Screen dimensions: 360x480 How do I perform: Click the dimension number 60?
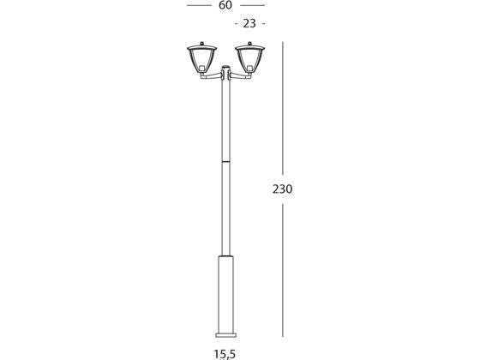click(x=225, y=5)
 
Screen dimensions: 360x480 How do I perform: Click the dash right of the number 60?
click(x=253, y=5)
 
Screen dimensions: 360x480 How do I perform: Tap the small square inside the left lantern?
click(x=201, y=66)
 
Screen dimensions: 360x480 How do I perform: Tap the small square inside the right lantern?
click(x=249, y=66)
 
